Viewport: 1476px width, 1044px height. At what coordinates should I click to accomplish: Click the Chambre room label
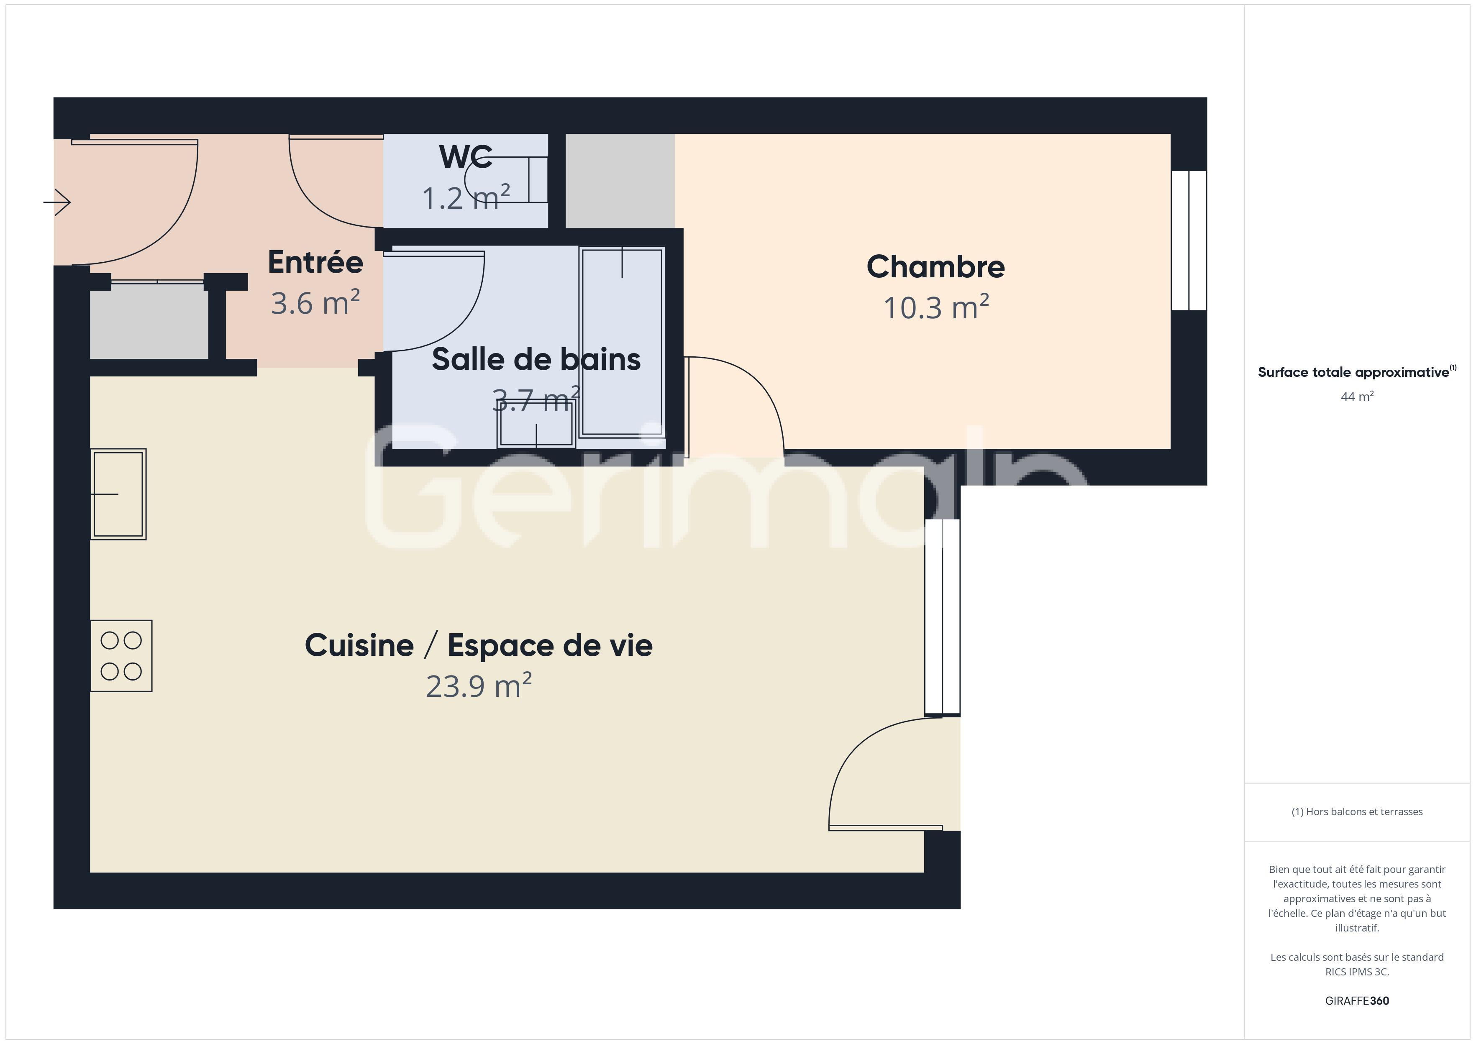pyautogui.click(x=935, y=267)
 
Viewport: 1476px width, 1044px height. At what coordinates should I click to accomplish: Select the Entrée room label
pyautogui.click(x=315, y=262)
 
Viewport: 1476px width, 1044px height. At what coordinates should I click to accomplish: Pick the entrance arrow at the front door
pyautogui.click(x=57, y=202)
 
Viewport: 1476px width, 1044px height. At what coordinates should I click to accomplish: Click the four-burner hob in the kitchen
pyautogui.click(x=121, y=656)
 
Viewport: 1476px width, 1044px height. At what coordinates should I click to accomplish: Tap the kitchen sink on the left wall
pyautogui.click(x=118, y=494)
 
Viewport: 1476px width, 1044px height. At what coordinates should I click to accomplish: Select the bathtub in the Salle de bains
pyautogui.click(x=621, y=342)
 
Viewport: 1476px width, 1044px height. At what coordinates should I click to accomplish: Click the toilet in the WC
pyautogui.click(x=508, y=179)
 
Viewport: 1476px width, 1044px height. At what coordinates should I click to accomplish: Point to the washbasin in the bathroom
pyautogui.click(x=536, y=424)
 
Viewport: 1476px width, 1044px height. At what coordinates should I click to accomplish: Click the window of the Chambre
pyautogui.click(x=1189, y=241)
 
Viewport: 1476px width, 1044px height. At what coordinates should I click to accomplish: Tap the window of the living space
pyautogui.click(x=943, y=617)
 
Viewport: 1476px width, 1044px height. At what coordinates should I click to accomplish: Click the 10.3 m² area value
pyautogui.click(x=935, y=307)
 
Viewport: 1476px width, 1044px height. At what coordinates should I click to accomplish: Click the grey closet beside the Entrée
pyautogui.click(x=149, y=321)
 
